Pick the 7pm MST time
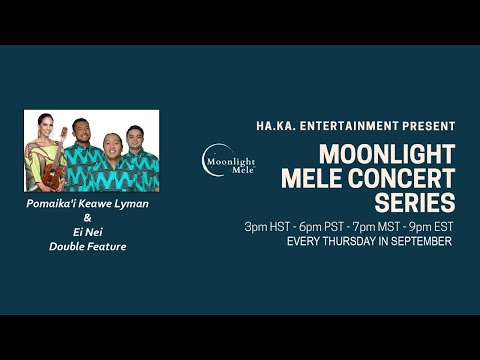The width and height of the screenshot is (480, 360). pos(369,226)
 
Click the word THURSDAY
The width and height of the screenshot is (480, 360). pos(348,241)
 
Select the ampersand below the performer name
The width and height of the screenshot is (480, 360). pos(87,218)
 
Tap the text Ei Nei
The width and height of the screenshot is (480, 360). pos(87,232)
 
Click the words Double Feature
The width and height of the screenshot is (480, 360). pos(87,246)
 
